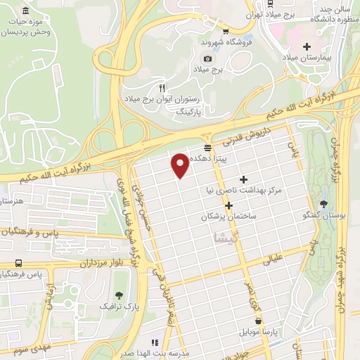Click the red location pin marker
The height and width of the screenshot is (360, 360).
(181, 165)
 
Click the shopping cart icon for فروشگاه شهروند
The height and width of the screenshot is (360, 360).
(225, 31)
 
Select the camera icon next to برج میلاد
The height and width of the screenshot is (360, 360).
(207, 59)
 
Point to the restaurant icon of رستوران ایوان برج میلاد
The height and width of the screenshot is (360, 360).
(162, 88)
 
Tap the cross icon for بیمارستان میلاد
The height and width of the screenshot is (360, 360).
(306, 47)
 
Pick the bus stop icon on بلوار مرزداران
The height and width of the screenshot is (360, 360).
(16, 263)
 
